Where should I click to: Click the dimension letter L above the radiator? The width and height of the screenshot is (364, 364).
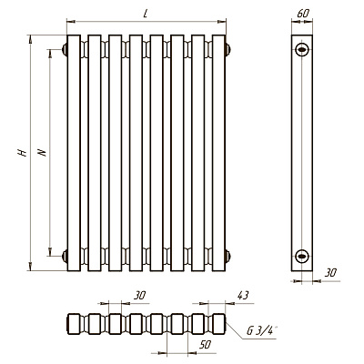(x=146, y=14)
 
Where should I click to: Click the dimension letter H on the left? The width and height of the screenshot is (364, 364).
(x=22, y=153)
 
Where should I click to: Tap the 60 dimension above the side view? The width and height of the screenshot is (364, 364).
(x=303, y=13)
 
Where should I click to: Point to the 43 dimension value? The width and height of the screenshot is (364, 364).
(x=242, y=295)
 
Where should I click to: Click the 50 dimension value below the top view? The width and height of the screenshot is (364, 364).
(x=205, y=345)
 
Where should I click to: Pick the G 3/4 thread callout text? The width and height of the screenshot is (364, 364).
(x=261, y=330)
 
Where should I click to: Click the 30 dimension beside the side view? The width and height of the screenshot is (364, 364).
(x=330, y=273)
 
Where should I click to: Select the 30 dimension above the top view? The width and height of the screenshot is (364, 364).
(x=139, y=295)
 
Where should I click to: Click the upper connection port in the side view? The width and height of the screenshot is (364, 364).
(x=302, y=49)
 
